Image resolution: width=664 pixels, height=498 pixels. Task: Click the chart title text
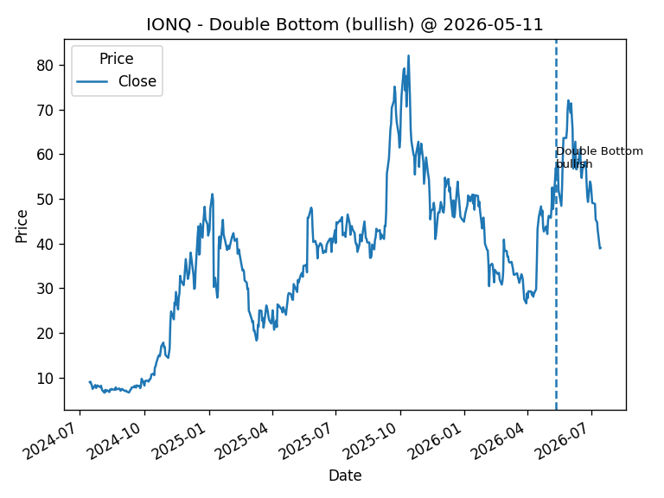345,24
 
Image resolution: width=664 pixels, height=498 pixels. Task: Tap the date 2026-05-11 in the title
493,24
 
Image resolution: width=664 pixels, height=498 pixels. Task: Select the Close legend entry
117,81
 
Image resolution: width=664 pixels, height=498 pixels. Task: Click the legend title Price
117,59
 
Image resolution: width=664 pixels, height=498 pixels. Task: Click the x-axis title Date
345,476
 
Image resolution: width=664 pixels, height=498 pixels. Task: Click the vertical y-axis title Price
21,227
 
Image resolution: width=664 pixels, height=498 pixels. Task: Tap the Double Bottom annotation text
599,157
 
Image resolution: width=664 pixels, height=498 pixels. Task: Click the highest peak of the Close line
408,55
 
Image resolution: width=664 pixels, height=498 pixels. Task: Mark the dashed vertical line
556,225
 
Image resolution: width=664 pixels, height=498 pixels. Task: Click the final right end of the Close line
601,248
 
